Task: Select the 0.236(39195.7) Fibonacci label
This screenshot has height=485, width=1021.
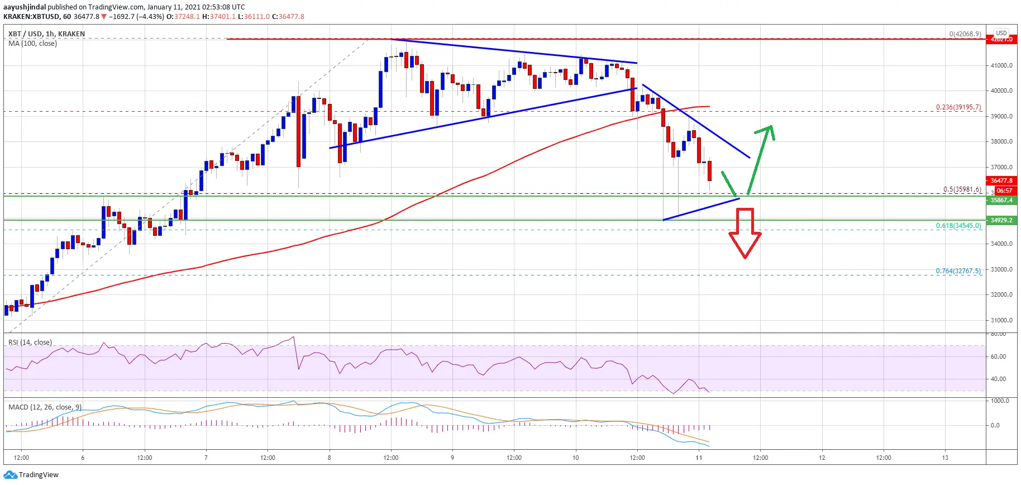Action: pyautogui.click(x=958, y=107)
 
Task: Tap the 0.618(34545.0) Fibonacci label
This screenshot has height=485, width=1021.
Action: pyautogui.click(x=958, y=226)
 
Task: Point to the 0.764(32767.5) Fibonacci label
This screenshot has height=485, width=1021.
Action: pyautogui.click(x=958, y=271)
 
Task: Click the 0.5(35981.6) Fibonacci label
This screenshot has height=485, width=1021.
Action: pyautogui.click(x=962, y=189)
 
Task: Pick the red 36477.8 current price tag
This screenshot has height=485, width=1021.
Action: pyautogui.click(x=1001, y=180)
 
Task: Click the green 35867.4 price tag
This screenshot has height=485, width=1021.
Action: pyautogui.click(x=1001, y=200)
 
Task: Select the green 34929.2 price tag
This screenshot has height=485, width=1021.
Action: pyautogui.click(x=1001, y=220)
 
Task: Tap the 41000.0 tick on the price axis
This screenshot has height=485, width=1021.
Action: pyautogui.click(x=1001, y=65)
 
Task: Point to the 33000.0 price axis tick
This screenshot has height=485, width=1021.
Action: pyautogui.click(x=1001, y=269)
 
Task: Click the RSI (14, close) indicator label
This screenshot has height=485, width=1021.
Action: pyautogui.click(x=30, y=343)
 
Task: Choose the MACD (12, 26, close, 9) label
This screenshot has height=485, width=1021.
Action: pyautogui.click(x=45, y=407)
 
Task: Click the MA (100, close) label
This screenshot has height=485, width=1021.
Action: pyautogui.click(x=32, y=44)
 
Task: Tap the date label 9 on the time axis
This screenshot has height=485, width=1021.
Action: pyautogui.click(x=452, y=458)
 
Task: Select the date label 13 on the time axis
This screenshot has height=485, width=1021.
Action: pyautogui.click(x=945, y=458)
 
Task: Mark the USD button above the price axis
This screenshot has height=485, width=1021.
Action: pyautogui.click(x=1001, y=33)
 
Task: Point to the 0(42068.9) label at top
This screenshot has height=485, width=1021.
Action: pyautogui.click(x=965, y=34)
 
